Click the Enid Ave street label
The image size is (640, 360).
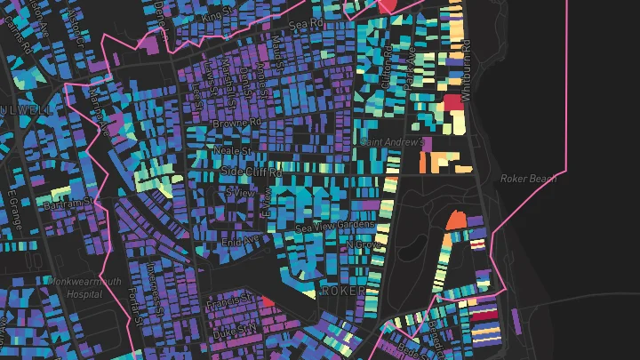[x=238, y=241]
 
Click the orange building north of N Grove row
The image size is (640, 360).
[x=455, y=219]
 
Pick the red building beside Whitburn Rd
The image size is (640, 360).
[x=452, y=103]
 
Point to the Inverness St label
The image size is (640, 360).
[x=156, y=281]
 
